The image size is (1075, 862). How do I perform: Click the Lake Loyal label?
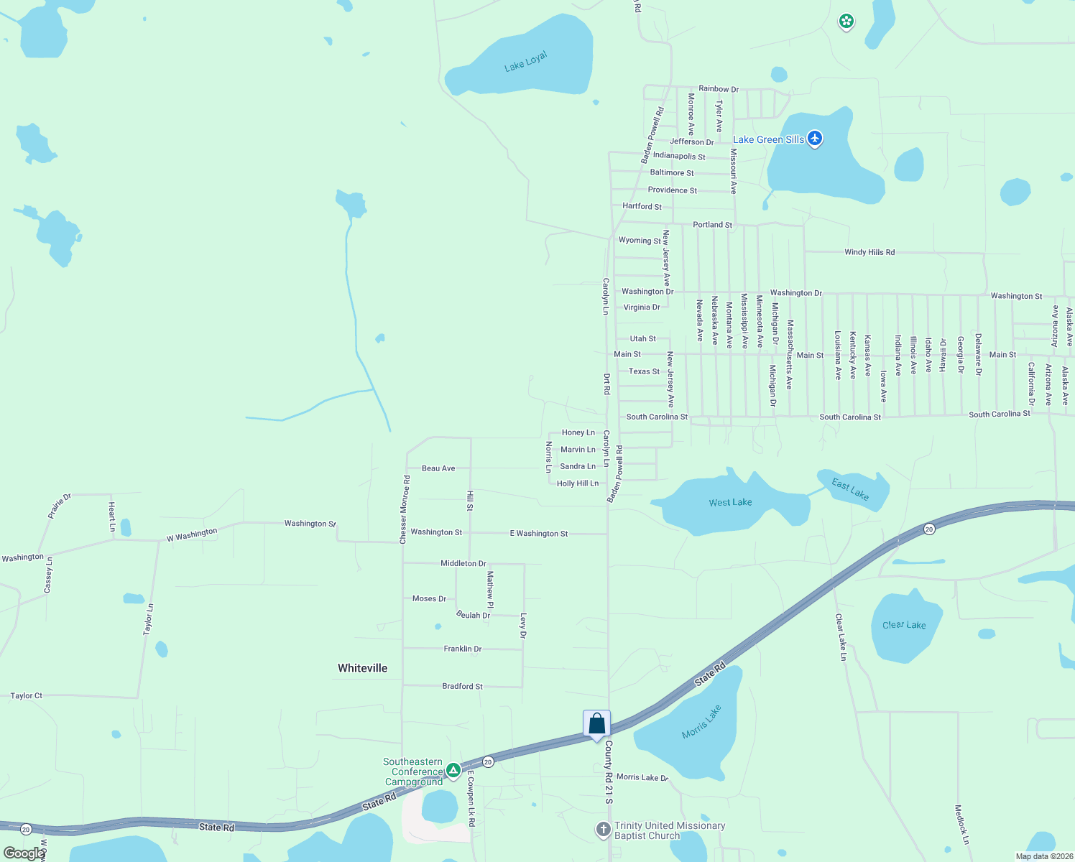pyautogui.click(x=526, y=61)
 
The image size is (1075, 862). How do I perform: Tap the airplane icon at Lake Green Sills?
pyautogui.click(x=814, y=138)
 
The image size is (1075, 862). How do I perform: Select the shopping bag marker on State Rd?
pyautogui.click(x=596, y=724)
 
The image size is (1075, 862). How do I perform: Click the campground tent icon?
pyautogui.click(x=453, y=771)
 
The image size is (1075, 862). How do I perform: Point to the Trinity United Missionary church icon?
pyautogui.click(x=604, y=830)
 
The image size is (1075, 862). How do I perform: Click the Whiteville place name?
pyautogui.click(x=362, y=668)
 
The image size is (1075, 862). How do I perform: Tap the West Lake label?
pyautogui.click(x=730, y=502)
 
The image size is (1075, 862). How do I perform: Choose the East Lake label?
pyautogui.click(x=850, y=489)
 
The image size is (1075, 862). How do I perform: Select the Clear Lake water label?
pyautogui.click(x=904, y=625)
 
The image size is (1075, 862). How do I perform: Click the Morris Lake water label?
pyautogui.click(x=701, y=722)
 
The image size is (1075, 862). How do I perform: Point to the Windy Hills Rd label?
pyautogui.click(x=869, y=252)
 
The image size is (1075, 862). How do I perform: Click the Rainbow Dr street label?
pyautogui.click(x=719, y=89)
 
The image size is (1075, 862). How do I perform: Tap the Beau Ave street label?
pyautogui.click(x=438, y=468)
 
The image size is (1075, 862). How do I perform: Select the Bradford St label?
pyautogui.click(x=462, y=686)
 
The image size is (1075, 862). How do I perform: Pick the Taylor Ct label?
pyautogui.click(x=27, y=695)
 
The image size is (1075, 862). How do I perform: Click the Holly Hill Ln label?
pyautogui.click(x=577, y=483)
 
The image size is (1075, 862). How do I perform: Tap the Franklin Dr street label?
pyautogui.click(x=462, y=649)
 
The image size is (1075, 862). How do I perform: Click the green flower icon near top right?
pyautogui.click(x=846, y=22)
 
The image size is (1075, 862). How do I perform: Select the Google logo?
pyautogui.click(x=24, y=853)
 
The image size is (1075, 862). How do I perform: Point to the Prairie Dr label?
pyautogui.click(x=60, y=506)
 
